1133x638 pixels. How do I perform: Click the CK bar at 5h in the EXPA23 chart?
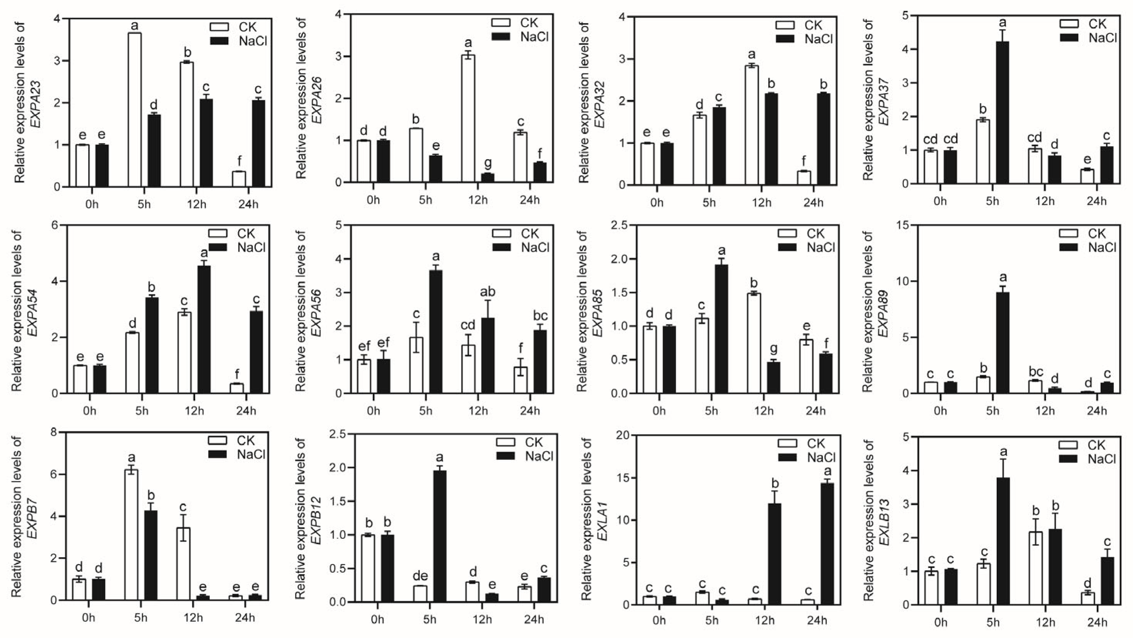135,110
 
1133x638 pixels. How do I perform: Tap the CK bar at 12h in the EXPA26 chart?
468,119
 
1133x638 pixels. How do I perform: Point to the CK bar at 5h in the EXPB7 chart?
131,534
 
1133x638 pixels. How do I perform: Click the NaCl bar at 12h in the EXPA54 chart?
204,330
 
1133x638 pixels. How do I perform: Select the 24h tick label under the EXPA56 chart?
530,411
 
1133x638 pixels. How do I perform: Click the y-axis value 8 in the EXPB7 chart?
53,432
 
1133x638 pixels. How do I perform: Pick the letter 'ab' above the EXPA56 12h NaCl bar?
487,292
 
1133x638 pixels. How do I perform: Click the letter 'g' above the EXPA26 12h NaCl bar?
487,163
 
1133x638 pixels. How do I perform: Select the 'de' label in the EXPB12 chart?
420,576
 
